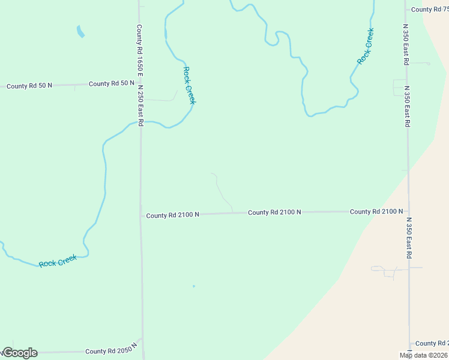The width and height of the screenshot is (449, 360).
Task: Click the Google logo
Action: coord(19,353)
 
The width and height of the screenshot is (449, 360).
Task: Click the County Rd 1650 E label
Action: coord(139,49)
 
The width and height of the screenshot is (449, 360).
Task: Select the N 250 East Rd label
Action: coord(140,104)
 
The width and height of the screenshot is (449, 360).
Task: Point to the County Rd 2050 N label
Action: coord(111,352)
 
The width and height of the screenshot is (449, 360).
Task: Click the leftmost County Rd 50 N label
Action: coord(29,86)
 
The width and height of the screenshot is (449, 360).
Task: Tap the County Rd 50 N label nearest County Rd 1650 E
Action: coord(112,83)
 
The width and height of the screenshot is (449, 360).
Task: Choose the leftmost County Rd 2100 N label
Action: coord(172,215)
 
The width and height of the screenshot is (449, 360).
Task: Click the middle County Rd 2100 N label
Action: coord(274,212)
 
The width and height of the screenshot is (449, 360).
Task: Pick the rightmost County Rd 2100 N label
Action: coord(376,212)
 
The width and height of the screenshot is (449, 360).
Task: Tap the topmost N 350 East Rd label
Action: coord(406,45)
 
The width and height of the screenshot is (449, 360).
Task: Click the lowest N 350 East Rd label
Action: coord(408,238)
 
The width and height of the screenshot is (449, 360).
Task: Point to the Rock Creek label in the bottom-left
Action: coord(58,262)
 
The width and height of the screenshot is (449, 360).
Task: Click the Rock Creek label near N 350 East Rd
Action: coord(365,46)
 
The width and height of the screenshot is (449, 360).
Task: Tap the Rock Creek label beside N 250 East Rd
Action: coord(188,85)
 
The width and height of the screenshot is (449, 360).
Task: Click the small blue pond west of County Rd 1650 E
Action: coord(80,31)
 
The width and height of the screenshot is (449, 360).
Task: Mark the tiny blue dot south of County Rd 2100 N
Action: coord(193,286)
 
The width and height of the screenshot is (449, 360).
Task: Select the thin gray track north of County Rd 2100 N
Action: coord(221,191)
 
